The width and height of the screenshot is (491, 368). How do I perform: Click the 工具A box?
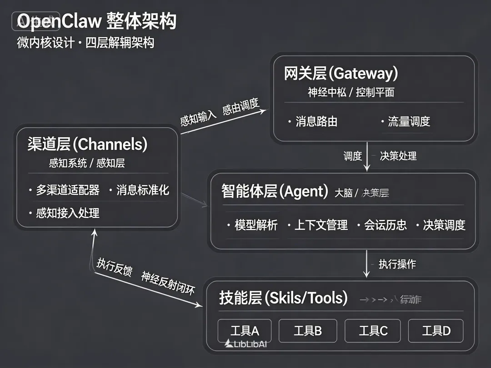[x=245, y=331]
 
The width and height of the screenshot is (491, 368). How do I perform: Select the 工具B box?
[x=308, y=331]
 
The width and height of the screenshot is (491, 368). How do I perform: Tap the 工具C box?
[x=373, y=331]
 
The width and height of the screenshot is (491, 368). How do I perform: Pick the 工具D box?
[x=436, y=331]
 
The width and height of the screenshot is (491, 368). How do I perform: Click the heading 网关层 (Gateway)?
[x=341, y=74]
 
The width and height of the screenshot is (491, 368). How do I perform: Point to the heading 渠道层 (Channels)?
[x=87, y=144]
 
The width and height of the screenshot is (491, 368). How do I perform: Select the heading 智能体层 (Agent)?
[x=275, y=191]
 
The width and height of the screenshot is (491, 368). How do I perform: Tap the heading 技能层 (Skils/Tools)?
[x=283, y=298]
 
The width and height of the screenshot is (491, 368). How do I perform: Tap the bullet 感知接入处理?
[x=68, y=213]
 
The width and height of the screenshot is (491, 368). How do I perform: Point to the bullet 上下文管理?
[x=321, y=225]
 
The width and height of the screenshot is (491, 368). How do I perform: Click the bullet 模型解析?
[x=256, y=225]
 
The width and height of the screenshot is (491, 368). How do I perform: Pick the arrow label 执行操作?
[x=397, y=264]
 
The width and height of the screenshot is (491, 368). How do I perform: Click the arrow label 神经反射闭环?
[x=167, y=283]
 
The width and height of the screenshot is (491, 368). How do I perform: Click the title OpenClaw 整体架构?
[x=96, y=21]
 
